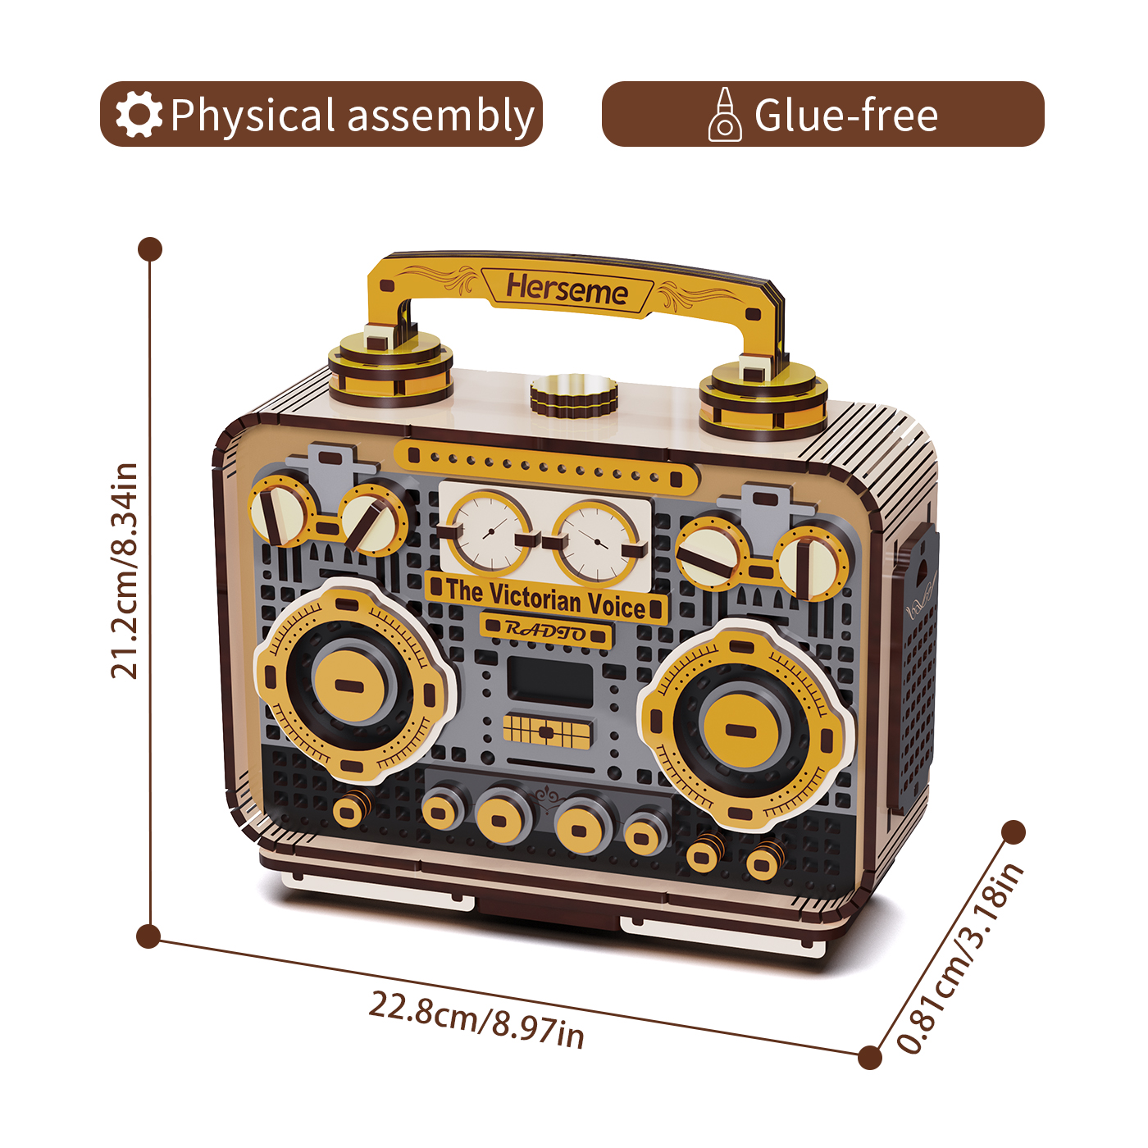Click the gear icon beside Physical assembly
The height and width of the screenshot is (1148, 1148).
click(x=139, y=115)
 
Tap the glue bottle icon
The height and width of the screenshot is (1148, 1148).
click(x=725, y=115)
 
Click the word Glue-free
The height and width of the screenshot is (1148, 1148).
click(x=846, y=115)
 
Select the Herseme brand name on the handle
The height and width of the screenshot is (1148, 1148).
click(x=567, y=290)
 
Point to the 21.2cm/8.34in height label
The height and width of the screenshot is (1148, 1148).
click(x=125, y=571)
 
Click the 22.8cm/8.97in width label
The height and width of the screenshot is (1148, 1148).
click(x=476, y=1019)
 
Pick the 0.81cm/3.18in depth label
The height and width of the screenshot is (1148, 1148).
click(x=959, y=957)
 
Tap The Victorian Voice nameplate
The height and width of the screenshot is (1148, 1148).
click(x=546, y=599)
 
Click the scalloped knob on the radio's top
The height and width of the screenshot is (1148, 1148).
click(x=573, y=396)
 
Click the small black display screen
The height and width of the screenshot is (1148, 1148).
click(x=549, y=681)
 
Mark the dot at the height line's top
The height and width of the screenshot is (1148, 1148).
click(x=150, y=249)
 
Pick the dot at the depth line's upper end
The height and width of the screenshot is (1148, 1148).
click(x=1014, y=832)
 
